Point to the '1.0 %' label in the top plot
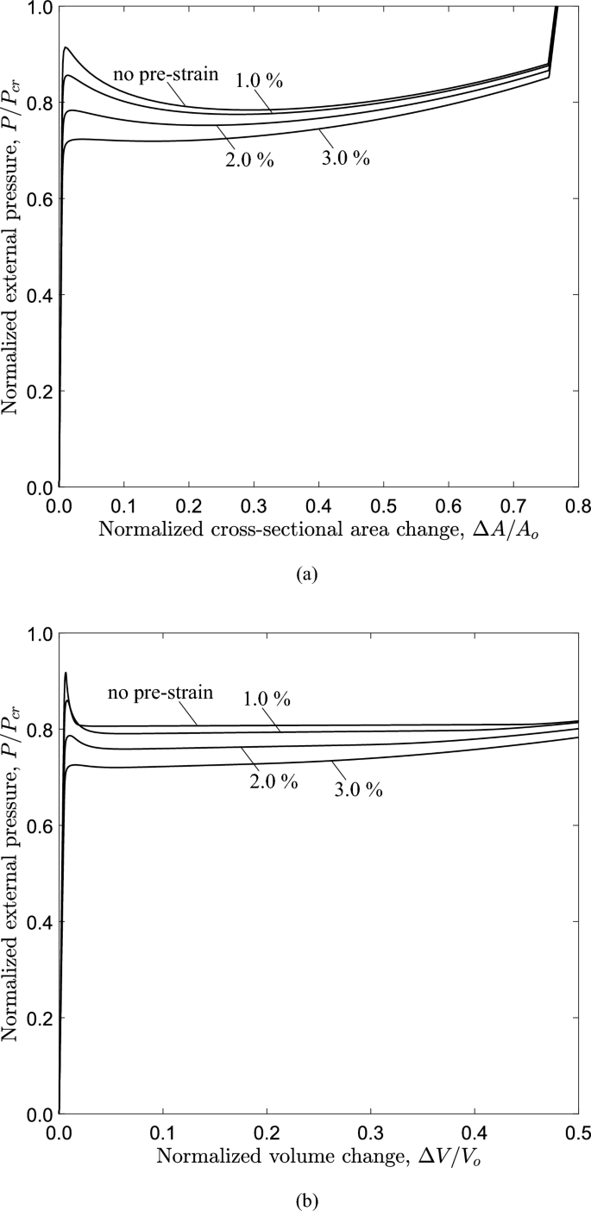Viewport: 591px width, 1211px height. (259, 82)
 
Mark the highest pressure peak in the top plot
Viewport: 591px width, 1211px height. (66, 47)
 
